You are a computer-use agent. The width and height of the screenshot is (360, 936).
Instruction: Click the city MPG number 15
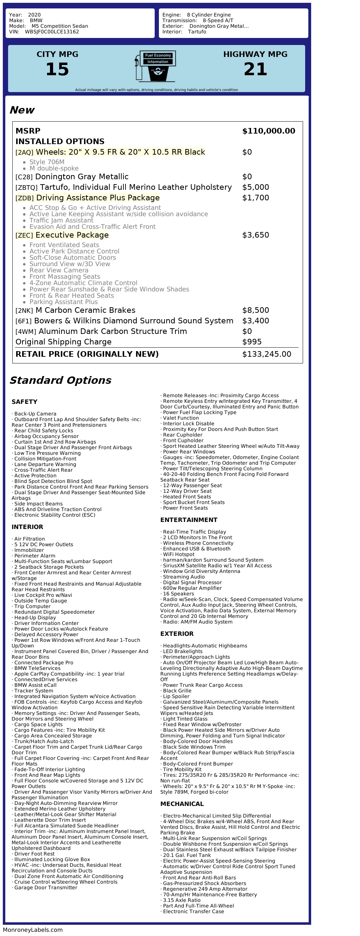pos(57,69)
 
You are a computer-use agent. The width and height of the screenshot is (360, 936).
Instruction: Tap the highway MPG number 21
pos(255,69)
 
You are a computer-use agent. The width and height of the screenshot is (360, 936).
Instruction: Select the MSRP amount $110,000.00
pos(269,131)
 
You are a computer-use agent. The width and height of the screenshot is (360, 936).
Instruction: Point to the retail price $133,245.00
pos(266,354)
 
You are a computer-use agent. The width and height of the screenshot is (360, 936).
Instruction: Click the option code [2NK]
pos(24,311)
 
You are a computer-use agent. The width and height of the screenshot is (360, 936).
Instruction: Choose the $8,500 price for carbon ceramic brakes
pos(255,310)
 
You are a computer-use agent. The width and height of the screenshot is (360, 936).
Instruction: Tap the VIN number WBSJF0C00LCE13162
pos(52,32)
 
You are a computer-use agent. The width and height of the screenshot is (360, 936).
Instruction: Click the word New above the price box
pos(22,110)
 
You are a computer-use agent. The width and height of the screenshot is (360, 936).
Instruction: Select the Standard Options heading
pos(60,380)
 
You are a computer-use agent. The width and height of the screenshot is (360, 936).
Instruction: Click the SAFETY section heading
pos(24,401)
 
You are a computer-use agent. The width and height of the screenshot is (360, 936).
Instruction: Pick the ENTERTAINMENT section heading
pos(188,519)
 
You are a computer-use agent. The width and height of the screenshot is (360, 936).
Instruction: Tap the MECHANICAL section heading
pos(182,804)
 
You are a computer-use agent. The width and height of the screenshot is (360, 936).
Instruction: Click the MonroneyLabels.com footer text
pos(33,929)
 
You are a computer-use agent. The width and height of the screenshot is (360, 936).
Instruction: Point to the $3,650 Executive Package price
pos(255,235)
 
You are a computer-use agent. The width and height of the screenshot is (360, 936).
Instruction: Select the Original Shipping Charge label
pos(64,342)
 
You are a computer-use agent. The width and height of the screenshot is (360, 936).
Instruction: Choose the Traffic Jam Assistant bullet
pos(62,220)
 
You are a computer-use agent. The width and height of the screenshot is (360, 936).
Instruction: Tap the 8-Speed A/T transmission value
pos(218,20)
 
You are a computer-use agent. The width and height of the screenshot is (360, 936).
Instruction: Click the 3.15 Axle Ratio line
pos(182,900)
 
